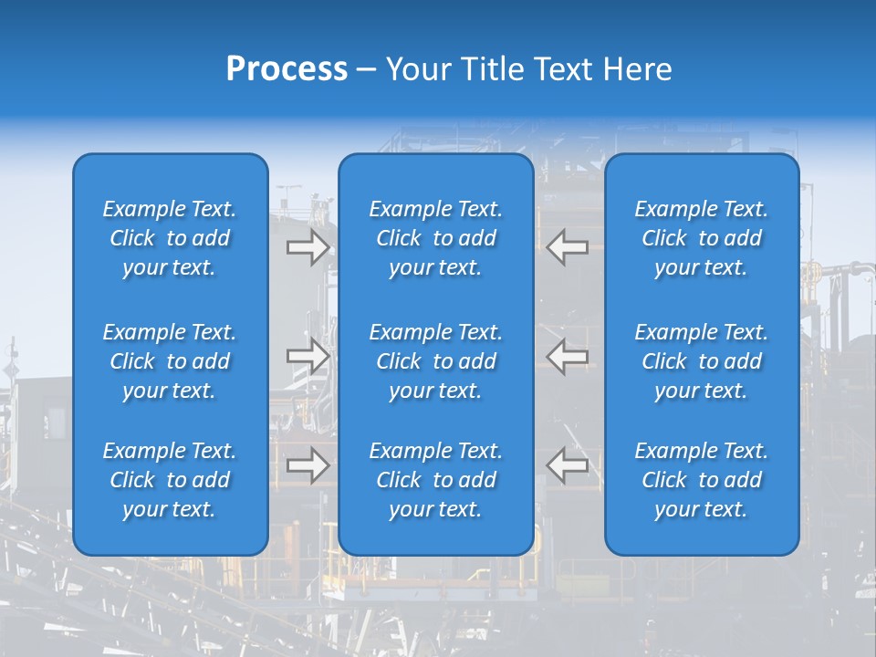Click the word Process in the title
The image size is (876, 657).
287,69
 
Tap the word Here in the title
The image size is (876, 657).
636,69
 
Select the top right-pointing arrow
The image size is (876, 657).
308,247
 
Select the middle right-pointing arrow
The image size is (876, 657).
308,357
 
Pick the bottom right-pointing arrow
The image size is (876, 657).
308,465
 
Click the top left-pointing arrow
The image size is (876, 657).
568,247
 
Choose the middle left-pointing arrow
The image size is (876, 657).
568,357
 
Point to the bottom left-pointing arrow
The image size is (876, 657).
568,465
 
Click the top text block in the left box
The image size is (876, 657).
170,238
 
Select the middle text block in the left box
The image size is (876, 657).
170,361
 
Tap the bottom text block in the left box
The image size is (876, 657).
170,480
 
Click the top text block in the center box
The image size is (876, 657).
435,238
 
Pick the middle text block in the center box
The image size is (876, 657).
435,361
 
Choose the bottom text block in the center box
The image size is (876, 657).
435,480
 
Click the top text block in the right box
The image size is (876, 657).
701,238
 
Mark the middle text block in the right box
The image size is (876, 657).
701,361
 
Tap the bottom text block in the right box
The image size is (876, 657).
701,480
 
